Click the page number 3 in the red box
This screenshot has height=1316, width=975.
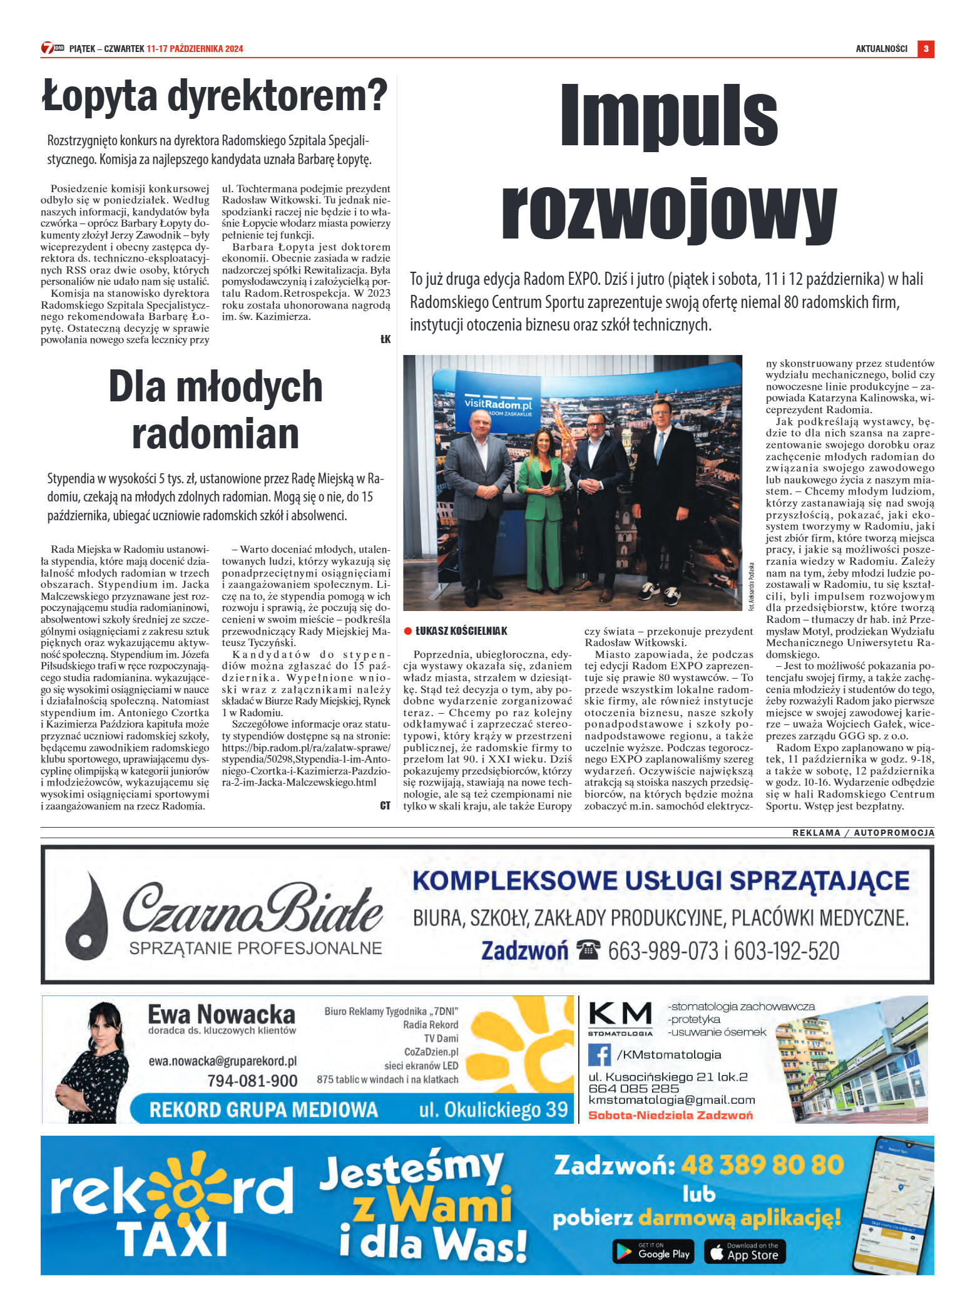(x=925, y=49)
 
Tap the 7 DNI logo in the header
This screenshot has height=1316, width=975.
(x=53, y=48)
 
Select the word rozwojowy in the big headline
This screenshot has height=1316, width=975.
(x=668, y=212)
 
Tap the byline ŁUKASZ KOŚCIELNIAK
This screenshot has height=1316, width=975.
(x=461, y=631)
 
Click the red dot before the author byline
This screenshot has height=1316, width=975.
(x=408, y=631)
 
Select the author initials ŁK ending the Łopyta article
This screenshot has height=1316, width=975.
(x=385, y=339)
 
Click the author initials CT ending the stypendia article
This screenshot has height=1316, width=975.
(x=385, y=806)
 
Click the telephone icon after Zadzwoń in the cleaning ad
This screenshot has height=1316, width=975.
(x=588, y=950)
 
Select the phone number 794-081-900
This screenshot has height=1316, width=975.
(x=252, y=1081)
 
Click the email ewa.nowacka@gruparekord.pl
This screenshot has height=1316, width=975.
(x=222, y=1061)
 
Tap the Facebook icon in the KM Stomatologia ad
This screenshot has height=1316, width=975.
(x=599, y=1055)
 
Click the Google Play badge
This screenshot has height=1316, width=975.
(x=653, y=1252)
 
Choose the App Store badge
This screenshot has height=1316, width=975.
(x=744, y=1252)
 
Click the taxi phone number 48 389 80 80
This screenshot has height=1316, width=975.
(x=762, y=1165)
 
